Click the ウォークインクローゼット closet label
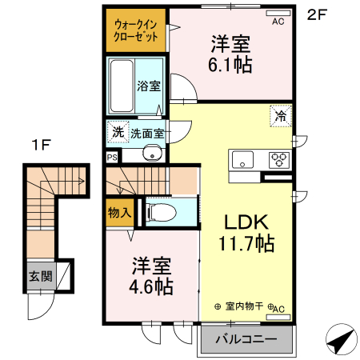(134, 30)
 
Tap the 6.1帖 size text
(231, 64)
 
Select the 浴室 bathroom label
(148, 86)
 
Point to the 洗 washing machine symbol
(118, 131)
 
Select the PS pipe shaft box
(111, 158)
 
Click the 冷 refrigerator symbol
(281, 116)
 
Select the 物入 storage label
(119, 212)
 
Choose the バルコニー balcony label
(246, 339)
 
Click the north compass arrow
(339, 341)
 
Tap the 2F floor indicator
(318, 14)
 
